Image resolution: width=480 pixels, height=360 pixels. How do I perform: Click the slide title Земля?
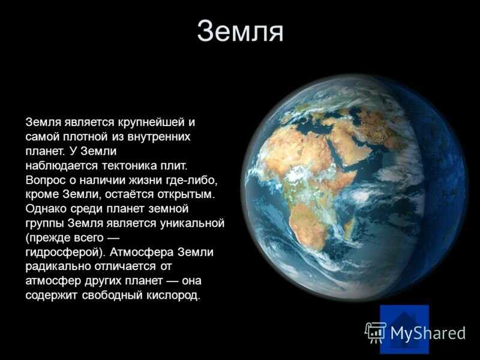tap(241, 31)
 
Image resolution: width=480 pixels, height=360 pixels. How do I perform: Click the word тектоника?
tap(130, 166)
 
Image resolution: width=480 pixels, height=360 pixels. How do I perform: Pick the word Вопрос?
tap(46, 180)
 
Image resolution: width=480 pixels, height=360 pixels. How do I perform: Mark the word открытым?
tap(187, 194)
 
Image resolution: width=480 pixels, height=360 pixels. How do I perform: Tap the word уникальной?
tap(192, 223)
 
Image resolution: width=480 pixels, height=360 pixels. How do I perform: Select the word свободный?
tap(113, 295)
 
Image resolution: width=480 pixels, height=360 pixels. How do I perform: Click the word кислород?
tap(173, 295)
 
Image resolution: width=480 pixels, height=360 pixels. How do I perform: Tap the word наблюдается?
tap(62, 166)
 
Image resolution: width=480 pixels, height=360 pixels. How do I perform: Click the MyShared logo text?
tap(428, 333)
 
